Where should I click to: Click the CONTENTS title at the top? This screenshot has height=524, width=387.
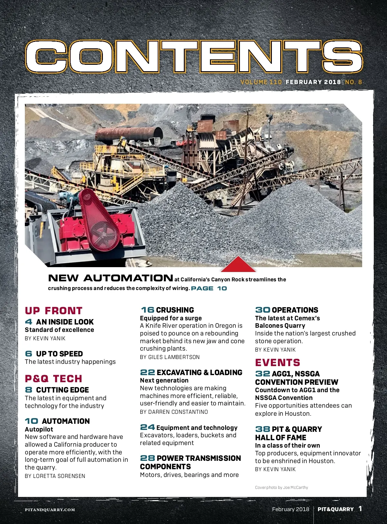(x=194, y=57)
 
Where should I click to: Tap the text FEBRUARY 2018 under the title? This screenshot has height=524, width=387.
(x=313, y=82)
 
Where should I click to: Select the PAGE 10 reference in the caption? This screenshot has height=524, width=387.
(x=209, y=288)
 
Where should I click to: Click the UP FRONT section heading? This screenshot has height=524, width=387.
(x=54, y=311)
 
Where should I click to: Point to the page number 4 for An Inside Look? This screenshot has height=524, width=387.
(x=29, y=322)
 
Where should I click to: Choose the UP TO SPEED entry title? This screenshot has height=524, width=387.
(x=59, y=354)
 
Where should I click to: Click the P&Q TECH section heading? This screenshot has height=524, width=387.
(x=54, y=379)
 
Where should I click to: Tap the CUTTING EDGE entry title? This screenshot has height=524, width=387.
(x=62, y=390)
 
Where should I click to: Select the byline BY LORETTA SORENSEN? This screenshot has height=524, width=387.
(x=55, y=476)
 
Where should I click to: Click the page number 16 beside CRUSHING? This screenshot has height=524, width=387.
(x=147, y=310)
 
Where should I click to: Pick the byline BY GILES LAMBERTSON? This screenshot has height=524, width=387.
(x=170, y=357)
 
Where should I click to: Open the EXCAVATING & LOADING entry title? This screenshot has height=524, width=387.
(x=199, y=373)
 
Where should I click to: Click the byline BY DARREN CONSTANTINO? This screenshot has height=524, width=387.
(x=174, y=412)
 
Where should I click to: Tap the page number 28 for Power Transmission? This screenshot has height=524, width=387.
(x=147, y=458)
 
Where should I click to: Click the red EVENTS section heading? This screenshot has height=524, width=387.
(x=277, y=363)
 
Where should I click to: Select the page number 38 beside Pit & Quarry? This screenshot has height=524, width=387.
(x=263, y=429)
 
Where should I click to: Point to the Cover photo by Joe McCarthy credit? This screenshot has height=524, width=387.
(x=281, y=488)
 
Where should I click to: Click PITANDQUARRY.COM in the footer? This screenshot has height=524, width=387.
(x=50, y=509)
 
